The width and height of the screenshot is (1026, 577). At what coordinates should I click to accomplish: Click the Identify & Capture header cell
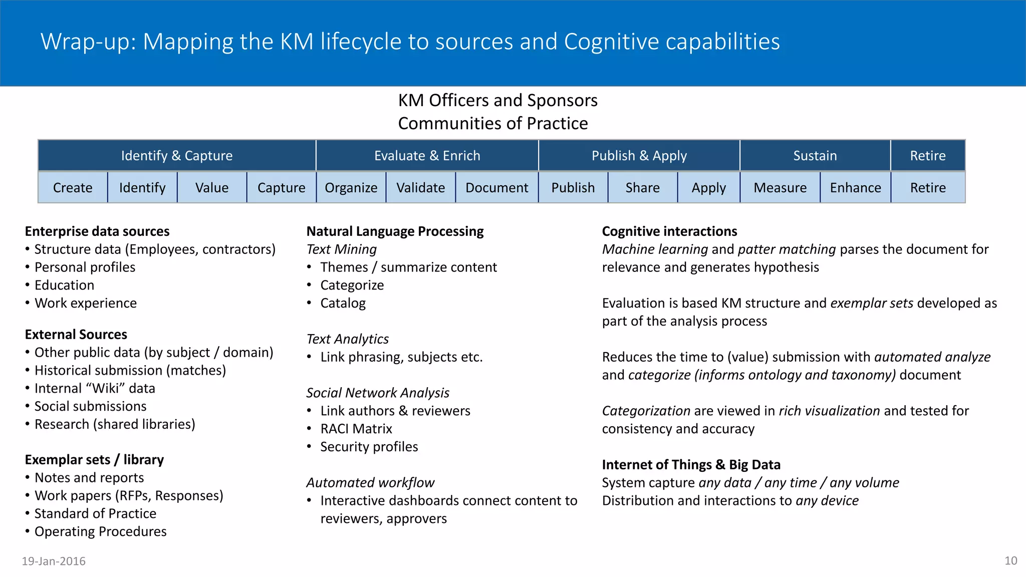tap(177, 156)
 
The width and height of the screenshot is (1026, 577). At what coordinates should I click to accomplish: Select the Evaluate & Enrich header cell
tap(427, 156)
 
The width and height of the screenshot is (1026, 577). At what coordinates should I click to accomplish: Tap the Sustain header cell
tap(815, 156)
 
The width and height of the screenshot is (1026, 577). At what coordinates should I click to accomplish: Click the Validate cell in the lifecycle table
tap(420, 188)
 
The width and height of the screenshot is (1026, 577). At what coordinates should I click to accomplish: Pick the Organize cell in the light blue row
tap(351, 188)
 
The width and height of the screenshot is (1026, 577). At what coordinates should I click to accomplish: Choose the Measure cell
tap(780, 188)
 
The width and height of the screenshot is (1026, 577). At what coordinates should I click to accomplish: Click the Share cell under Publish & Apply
tap(642, 188)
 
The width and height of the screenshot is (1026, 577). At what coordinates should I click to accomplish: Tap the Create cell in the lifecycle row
tap(73, 188)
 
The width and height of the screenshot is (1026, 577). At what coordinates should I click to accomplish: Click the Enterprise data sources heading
tap(97, 231)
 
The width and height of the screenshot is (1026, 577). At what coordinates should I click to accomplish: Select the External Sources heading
tap(76, 335)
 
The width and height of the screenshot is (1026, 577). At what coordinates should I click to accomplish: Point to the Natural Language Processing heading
tap(395, 231)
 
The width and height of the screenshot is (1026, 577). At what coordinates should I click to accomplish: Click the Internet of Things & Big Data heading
tap(691, 465)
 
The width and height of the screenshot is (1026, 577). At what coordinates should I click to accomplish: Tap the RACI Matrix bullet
tap(356, 429)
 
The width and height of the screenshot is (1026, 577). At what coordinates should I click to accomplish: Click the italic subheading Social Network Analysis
tap(378, 393)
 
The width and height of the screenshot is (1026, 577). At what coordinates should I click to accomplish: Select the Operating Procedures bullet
tap(100, 531)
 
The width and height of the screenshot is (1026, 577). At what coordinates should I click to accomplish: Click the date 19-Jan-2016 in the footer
tap(54, 561)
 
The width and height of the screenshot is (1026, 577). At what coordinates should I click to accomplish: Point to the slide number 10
tap(1010, 561)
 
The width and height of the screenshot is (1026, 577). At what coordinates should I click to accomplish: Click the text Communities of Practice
tap(493, 124)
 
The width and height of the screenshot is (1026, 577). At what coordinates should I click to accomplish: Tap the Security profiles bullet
tap(369, 447)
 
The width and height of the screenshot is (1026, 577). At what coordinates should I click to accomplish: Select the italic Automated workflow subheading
tap(370, 483)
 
